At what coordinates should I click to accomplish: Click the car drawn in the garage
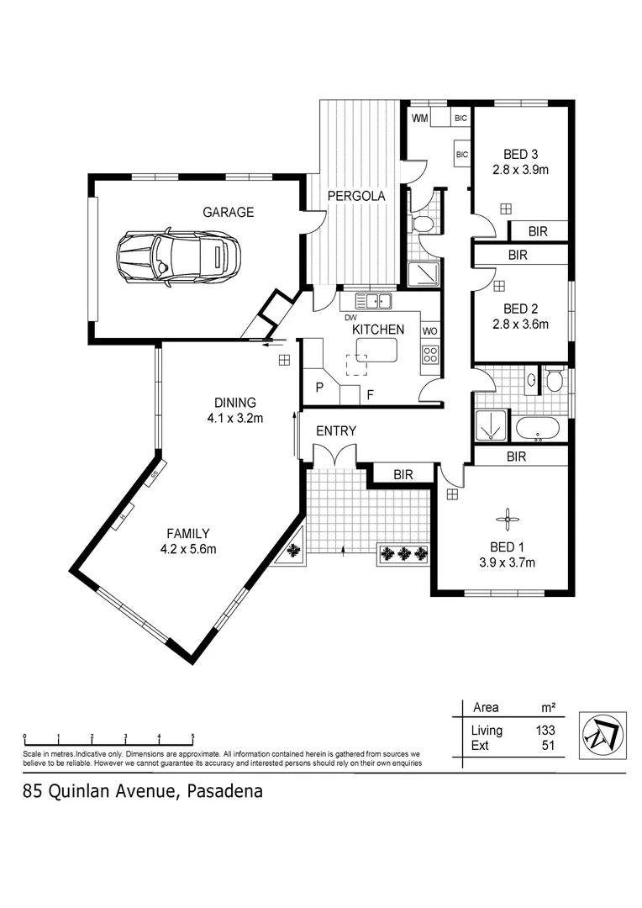coord(178,255)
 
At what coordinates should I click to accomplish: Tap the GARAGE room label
coord(228,213)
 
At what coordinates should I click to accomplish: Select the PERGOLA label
coord(356,196)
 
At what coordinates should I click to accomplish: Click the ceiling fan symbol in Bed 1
coord(508,520)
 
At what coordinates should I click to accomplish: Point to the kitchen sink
coord(373,301)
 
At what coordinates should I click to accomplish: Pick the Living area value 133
coord(545,731)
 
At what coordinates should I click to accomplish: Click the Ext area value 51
coord(548,745)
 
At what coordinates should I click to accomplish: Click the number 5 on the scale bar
coord(192,735)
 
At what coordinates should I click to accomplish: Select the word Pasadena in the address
coord(224,791)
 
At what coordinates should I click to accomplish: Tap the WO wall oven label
coord(429,330)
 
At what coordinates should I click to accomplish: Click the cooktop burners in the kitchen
coord(429,356)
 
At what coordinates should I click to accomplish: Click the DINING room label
coord(234,403)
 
